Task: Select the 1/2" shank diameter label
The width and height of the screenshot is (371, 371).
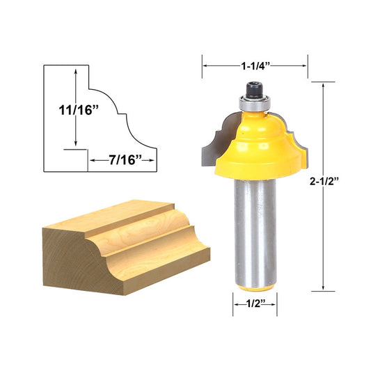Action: point(254,303)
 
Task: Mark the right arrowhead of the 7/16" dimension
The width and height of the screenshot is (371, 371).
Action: point(155,160)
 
